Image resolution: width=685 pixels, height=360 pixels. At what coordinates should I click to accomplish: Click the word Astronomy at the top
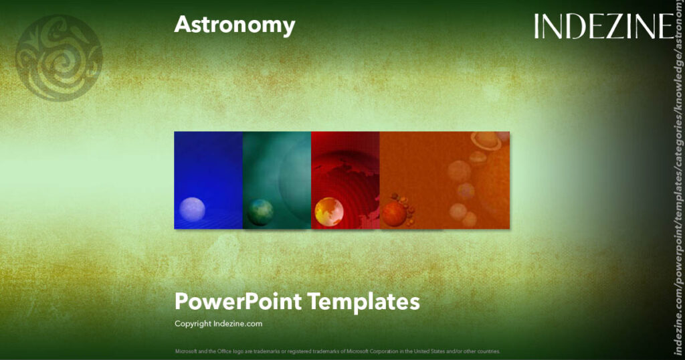[x=234, y=25]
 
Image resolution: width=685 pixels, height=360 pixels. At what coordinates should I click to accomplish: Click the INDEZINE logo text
[x=603, y=27]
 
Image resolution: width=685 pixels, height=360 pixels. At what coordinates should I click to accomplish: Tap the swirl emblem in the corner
[x=59, y=58]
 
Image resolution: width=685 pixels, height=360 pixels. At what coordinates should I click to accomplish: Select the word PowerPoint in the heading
[x=237, y=302]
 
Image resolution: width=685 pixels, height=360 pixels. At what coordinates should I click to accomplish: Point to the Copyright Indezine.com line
[x=218, y=324]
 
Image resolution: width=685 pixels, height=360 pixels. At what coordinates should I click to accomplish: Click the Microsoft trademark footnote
[x=337, y=351]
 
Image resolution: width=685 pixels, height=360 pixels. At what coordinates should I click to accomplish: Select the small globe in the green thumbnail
[x=260, y=212]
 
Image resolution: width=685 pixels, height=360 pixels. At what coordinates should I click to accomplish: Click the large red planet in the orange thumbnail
[x=395, y=214]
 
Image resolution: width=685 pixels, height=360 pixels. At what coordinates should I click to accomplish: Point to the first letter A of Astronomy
[x=182, y=25]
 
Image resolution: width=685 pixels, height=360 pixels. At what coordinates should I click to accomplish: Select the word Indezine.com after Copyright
[x=238, y=324]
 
